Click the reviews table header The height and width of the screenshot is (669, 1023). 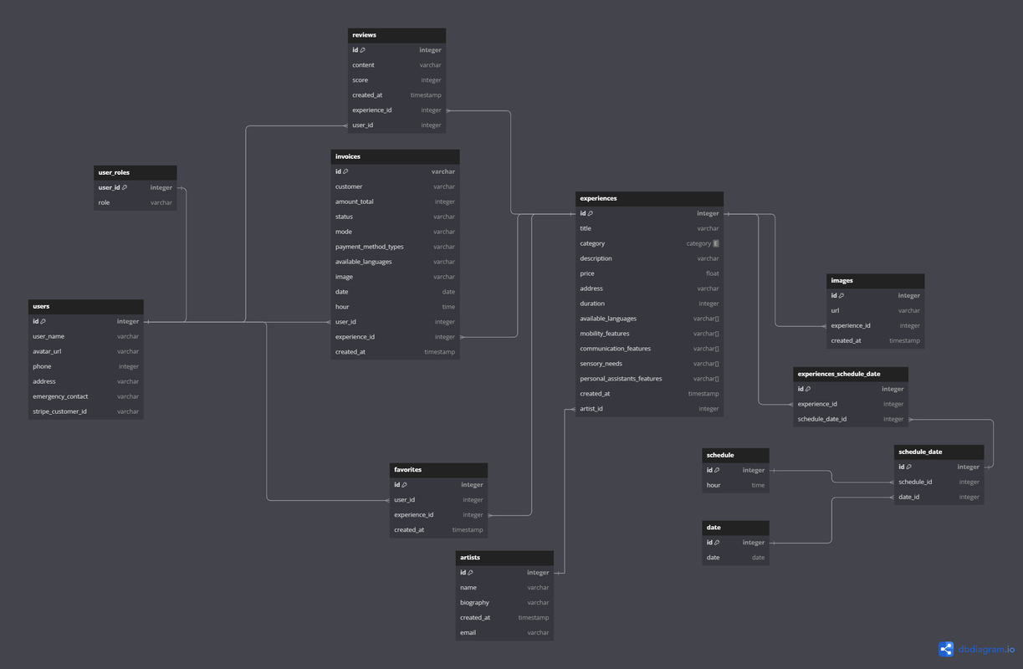coord(396,35)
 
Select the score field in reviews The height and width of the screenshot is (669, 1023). coord(361,80)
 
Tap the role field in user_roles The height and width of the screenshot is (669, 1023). coord(105,202)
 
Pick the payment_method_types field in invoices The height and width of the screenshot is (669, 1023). coord(370,247)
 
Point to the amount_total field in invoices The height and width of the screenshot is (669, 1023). coord(355,202)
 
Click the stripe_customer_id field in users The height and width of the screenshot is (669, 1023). coord(59,411)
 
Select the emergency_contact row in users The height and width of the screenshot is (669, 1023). coord(60,396)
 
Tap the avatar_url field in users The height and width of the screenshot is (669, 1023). coord(47,351)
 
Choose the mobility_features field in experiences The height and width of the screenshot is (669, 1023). coord(605,334)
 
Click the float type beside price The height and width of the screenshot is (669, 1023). coord(712,273)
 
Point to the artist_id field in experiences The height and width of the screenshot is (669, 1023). coord(591,409)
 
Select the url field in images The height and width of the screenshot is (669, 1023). coord(835,310)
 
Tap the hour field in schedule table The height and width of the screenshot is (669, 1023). coord(714,485)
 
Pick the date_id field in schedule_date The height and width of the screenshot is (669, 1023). coord(908,497)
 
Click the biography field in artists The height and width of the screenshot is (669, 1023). coord(474,602)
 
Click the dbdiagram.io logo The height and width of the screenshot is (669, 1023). coord(976,649)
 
